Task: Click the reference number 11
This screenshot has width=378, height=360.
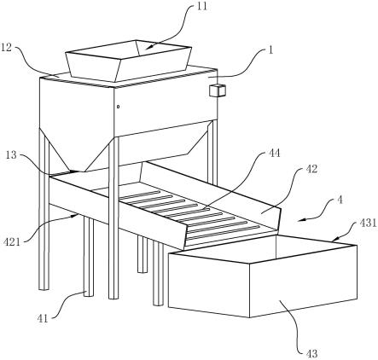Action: point(202,6)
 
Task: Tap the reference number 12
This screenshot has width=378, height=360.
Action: point(6,48)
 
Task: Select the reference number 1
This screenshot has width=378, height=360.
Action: point(270,50)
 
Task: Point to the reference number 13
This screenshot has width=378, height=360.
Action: point(12,155)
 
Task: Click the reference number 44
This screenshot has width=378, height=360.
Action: point(274,154)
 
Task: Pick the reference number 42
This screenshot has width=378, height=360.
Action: point(311,169)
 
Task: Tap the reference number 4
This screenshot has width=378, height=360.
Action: point(340,200)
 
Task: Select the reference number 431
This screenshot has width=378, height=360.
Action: point(368,223)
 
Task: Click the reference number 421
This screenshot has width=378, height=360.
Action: point(12,242)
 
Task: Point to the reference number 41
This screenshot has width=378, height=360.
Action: point(43,318)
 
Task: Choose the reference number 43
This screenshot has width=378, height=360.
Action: point(311,353)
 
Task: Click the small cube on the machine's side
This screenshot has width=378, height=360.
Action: point(218,90)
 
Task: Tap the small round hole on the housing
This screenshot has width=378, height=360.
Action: point(118,107)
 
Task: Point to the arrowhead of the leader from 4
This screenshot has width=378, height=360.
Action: point(302,219)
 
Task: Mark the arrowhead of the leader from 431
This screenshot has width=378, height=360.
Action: point(336,239)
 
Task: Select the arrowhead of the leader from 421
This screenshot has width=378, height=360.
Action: point(75,216)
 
